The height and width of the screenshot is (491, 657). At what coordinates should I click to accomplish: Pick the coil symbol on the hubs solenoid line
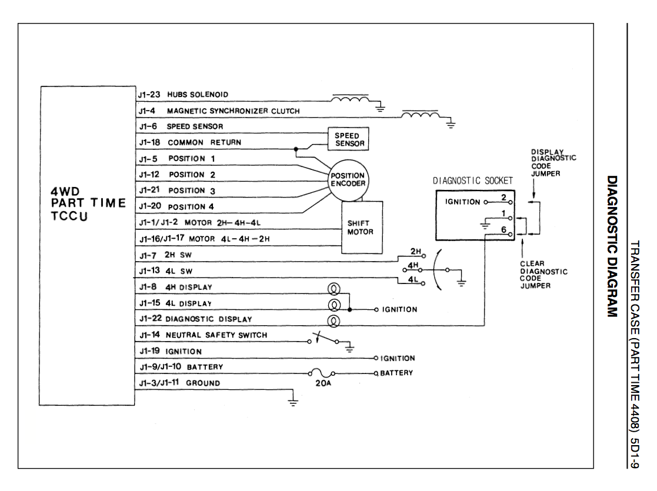[351, 98]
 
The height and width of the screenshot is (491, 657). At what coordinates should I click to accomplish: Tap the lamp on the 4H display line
[332, 289]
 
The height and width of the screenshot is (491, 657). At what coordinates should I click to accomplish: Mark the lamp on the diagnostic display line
[332, 321]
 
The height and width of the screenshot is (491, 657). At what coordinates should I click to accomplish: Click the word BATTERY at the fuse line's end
[396, 373]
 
